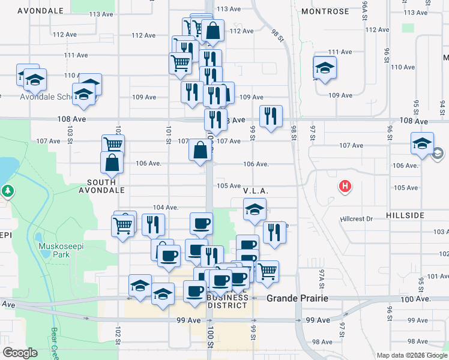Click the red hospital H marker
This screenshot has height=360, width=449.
pyautogui.click(x=345, y=187)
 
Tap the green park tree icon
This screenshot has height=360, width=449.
pyautogui.click(x=7, y=191)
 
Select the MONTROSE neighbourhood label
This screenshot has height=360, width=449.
pyautogui.click(x=325, y=11)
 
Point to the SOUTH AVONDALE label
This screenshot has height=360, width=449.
pyautogui.click(x=106, y=185)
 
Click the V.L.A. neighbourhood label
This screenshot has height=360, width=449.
pyautogui.click(x=255, y=191)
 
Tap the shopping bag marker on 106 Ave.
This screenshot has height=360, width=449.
pyautogui.click(x=200, y=151)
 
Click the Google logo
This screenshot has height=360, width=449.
pyautogui.click(x=20, y=353)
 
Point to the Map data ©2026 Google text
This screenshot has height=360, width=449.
pyautogui.click(x=411, y=355)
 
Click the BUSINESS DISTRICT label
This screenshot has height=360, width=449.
pyautogui.click(x=227, y=301)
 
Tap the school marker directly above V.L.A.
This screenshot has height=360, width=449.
pyautogui.click(x=255, y=210)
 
